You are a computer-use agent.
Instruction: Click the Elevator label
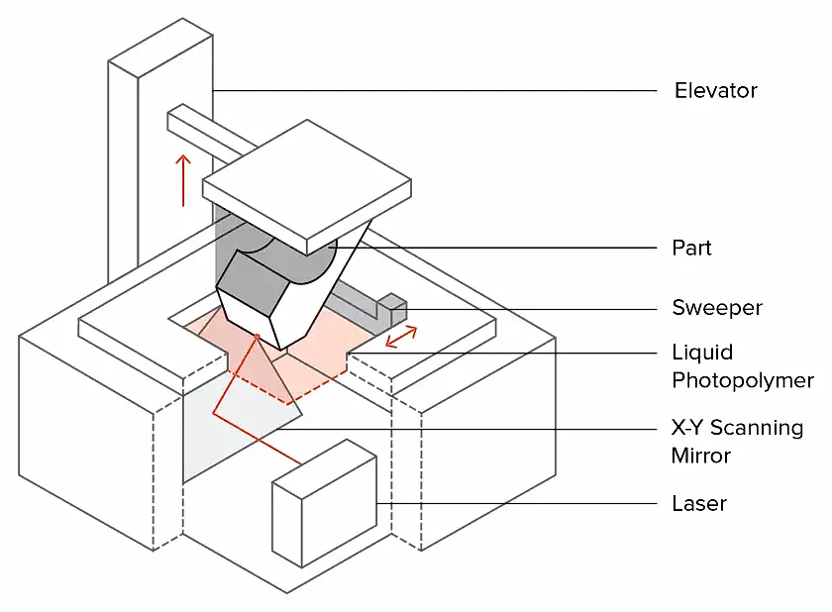click(x=715, y=91)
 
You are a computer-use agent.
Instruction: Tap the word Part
click(x=691, y=248)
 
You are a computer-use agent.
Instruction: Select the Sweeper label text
click(x=717, y=308)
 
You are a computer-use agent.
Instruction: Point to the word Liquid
click(x=702, y=353)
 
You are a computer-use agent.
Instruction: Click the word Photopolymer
click(x=743, y=380)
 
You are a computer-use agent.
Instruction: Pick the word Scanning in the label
click(x=757, y=428)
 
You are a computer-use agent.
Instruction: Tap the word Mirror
click(x=701, y=456)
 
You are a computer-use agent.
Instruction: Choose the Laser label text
click(x=699, y=503)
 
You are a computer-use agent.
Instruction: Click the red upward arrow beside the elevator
click(x=183, y=180)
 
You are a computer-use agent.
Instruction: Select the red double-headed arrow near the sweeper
click(x=401, y=338)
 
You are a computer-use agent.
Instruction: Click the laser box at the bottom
click(x=324, y=504)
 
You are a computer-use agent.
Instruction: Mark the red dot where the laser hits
click(x=258, y=336)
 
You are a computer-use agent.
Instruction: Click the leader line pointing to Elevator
click(x=435, y=91)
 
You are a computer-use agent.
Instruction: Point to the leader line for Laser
click(x=517, y=503)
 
